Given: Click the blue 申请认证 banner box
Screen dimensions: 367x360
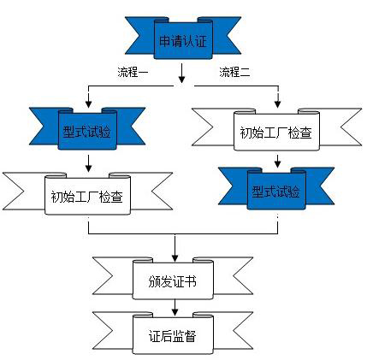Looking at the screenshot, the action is pyautogui.click(x=183, y=39).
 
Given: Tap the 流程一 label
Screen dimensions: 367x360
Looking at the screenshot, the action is pyautogui.click(x=133, y=72).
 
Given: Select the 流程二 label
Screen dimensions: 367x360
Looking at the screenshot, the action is pyautogui.click(x=234, y=72).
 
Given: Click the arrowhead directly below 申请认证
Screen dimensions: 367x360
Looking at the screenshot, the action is pyautogui.click(x=181, y=80).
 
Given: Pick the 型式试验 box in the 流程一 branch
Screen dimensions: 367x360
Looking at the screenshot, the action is pyautogui.click(x=87, y=130).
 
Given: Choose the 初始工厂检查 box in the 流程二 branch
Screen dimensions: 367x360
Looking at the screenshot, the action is pyautogui.click(x=276, y=131).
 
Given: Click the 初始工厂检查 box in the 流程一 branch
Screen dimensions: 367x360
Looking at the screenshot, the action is pyautogui.click(x=87, y=195).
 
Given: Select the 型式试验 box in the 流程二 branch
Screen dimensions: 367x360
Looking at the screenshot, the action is pyautogui.click(x=276, y=190).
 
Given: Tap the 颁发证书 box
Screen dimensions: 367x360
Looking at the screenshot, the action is pyautogui.click(x=173, y=280).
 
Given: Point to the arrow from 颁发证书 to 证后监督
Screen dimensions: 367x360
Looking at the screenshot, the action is pyautogui.click(x=175, y=308).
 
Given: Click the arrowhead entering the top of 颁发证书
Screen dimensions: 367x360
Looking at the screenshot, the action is pyautogui.click(x=175, y=258).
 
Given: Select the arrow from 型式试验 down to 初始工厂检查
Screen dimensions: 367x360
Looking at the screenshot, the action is pyautogui.click(x=89, y=163).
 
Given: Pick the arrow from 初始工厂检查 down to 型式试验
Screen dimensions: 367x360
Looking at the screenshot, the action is pyautogui.click(x=277, y=162).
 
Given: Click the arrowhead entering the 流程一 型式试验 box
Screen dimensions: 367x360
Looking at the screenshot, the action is pyautogui.click(x=89, y=104).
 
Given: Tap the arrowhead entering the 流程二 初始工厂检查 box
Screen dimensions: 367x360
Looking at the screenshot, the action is pyautogui.click(x=277, y=104).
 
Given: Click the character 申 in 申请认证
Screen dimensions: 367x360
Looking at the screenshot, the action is pyautogui.click(x=165, y=41).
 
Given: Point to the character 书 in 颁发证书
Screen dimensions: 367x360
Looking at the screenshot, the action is pyautogui.click(x=191, y=282).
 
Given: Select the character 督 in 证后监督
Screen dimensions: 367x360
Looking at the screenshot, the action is pyautogui.click(x=191, y=336).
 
